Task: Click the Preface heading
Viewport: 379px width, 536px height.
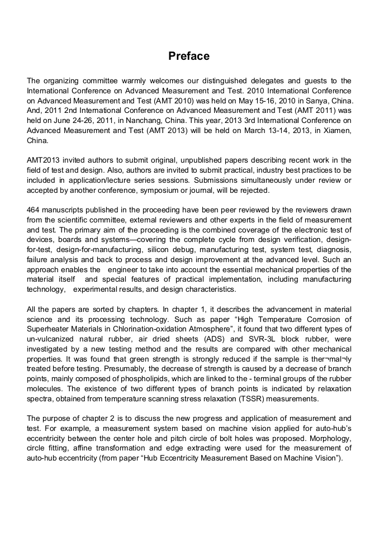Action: click(x=189, y=56)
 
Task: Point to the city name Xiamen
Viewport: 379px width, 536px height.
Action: click(x=337, y=131)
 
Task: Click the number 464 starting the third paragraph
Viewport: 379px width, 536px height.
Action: click(x=34, y=210)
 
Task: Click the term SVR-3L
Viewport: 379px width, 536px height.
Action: click(x=238, y=339)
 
